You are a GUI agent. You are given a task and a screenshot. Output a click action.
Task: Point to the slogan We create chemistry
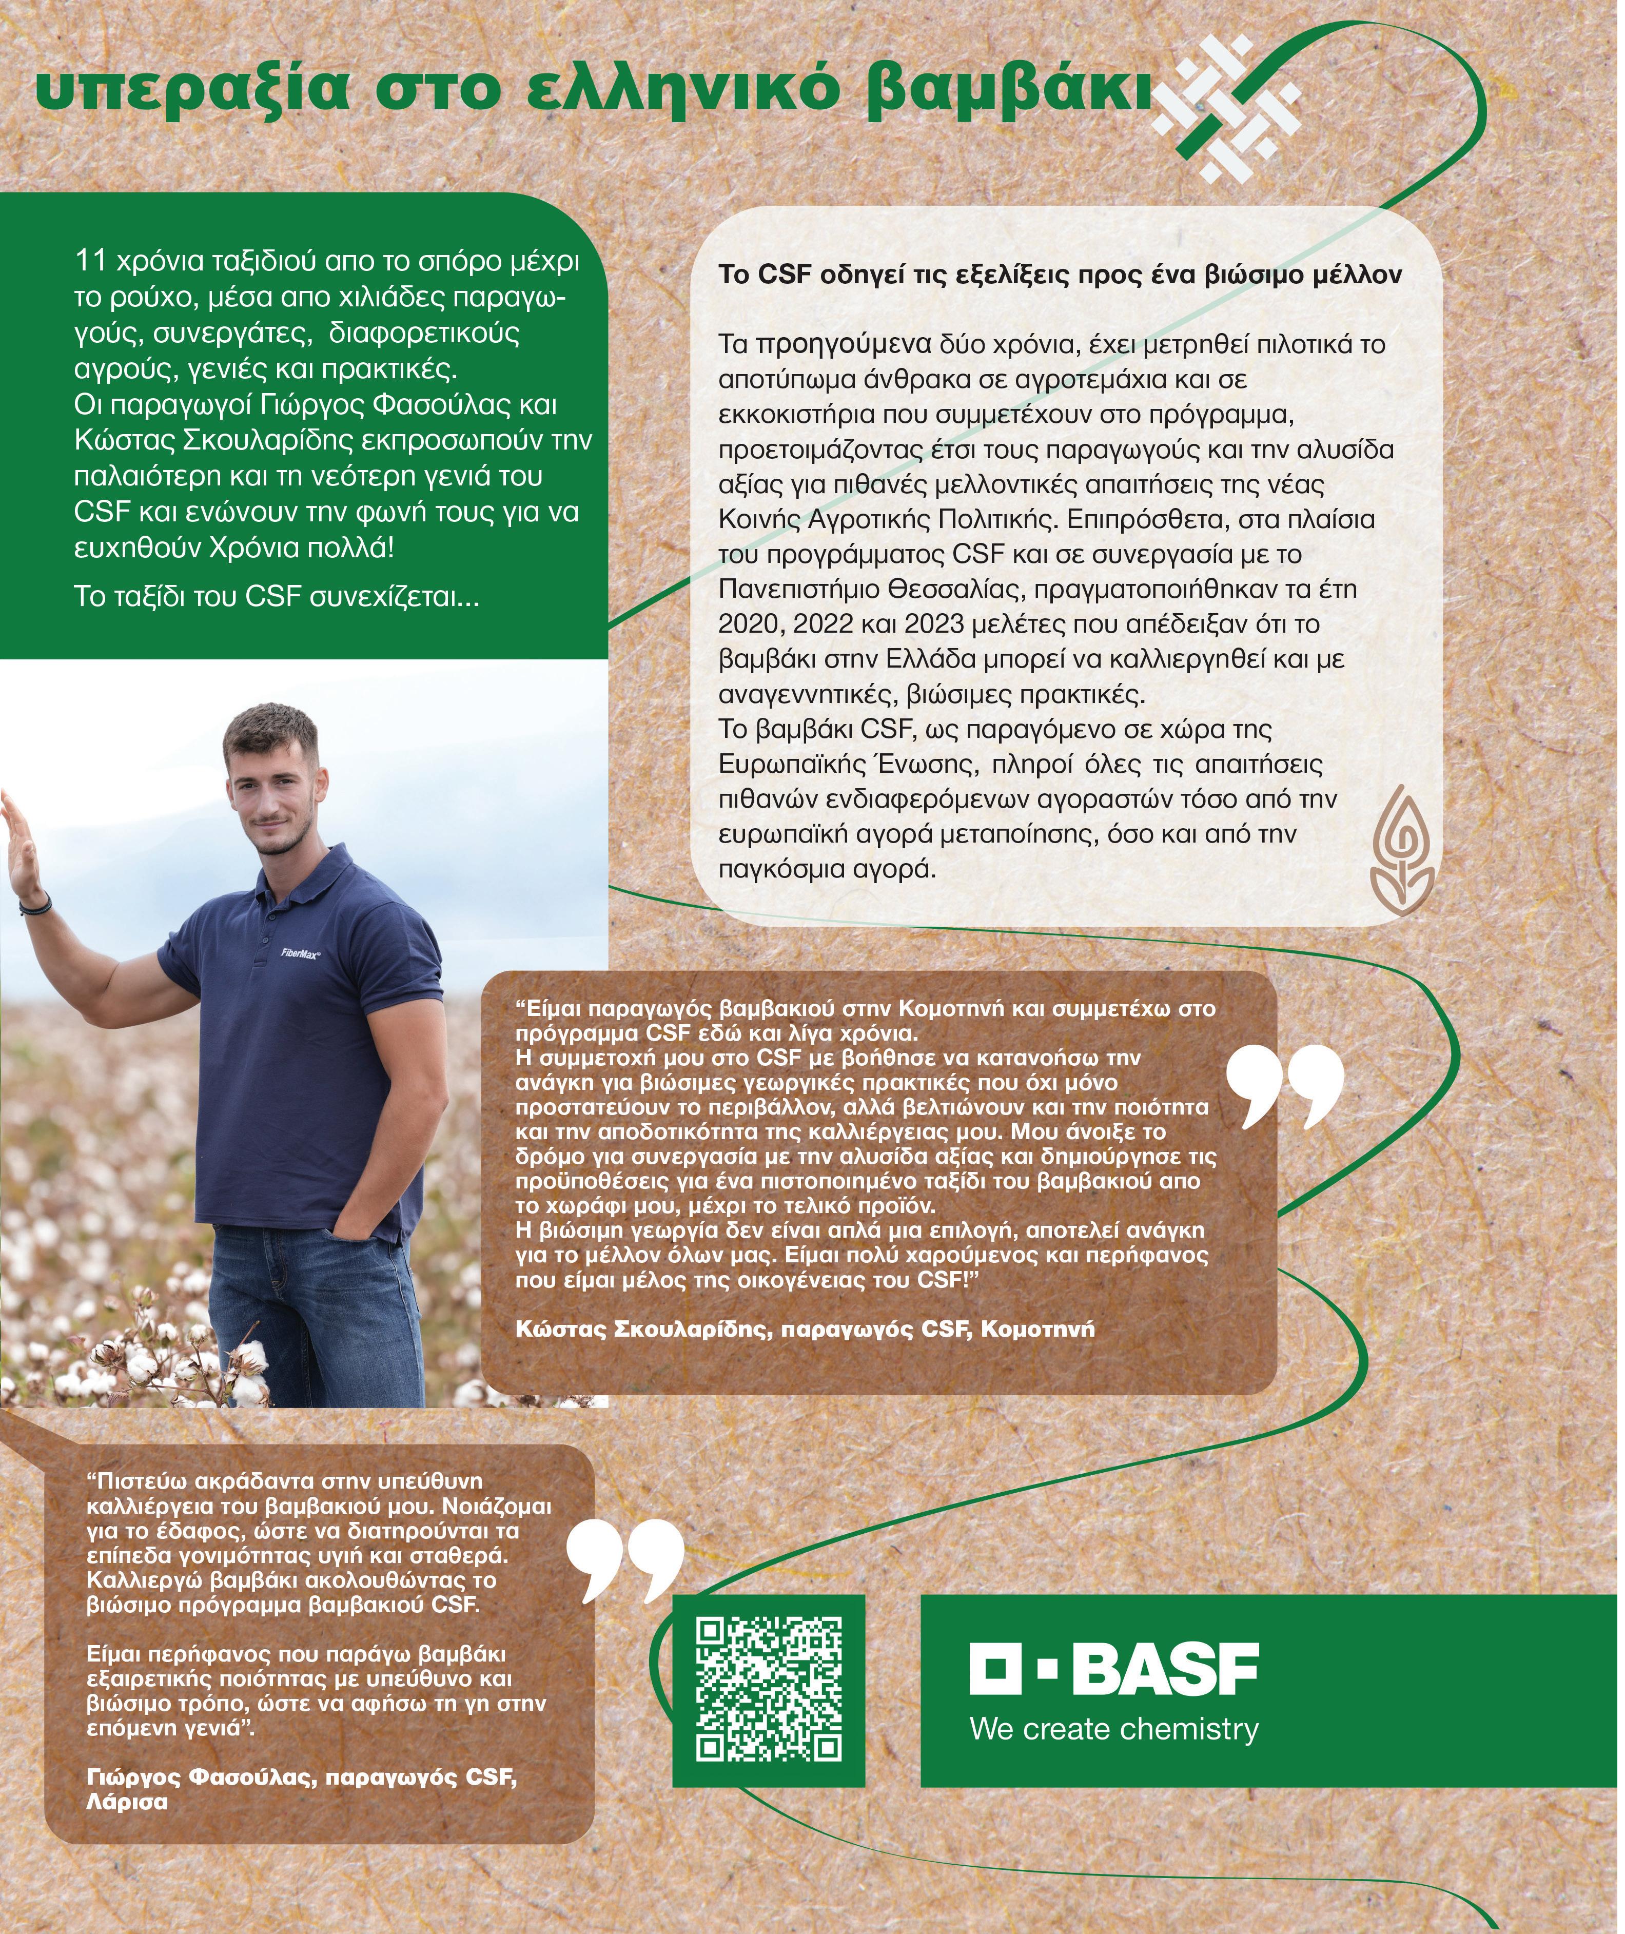[x=1114, y=1729]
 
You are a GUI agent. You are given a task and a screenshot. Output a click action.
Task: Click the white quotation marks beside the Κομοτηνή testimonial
[x=1285, y=1087]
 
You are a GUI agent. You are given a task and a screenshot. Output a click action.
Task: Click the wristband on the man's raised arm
[x=34, y=907]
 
